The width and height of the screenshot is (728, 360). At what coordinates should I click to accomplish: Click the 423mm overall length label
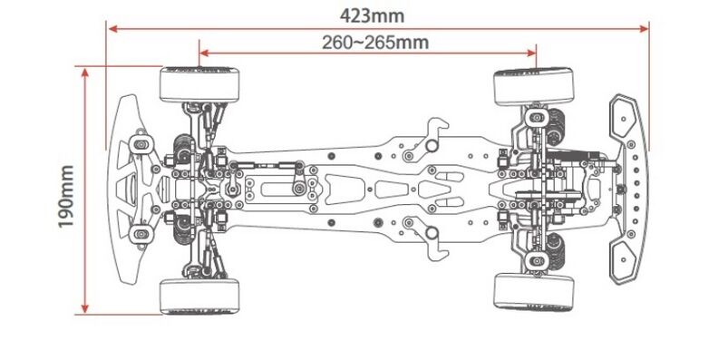point(372,15)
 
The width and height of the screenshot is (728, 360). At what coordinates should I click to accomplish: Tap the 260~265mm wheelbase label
point(375,43)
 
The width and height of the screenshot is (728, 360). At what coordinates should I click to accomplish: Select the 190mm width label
point(66,197)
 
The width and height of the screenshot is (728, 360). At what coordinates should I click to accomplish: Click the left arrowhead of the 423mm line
point(112,29)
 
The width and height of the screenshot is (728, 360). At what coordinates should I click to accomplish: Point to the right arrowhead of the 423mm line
point(644,29)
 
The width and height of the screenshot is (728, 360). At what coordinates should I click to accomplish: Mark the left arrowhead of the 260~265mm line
point(204,53)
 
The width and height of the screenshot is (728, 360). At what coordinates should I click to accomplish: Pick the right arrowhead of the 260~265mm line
point(531,53)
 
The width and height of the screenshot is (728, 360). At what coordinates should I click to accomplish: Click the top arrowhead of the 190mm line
point(84,73)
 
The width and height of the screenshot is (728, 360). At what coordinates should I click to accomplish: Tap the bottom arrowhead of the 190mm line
point(84,308)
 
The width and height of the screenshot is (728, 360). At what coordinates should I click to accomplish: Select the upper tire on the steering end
point(199,85)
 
